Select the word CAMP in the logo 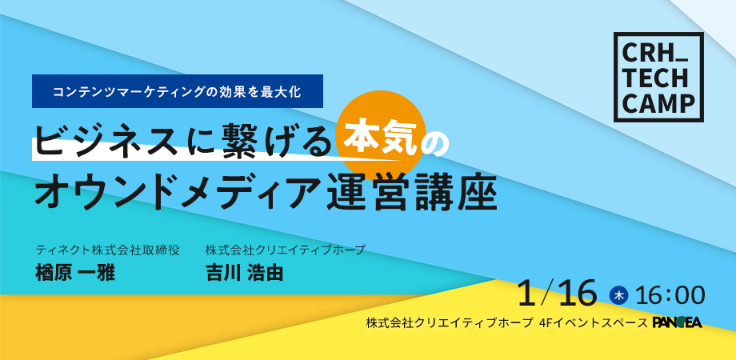pyautogui.click(x=658, y=102)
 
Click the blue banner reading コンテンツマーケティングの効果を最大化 pyautogui.click(x=178, y=91)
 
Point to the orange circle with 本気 pyautogui.click(x=383, y=136)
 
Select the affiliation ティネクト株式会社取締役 pyautogui.click(x=107, y=250)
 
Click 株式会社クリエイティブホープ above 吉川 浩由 pyautogui.click(x=285, y=250)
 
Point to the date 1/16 pyautogui.click(x=558, y=293)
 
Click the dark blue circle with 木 pyautogui.click(x=619, y=296)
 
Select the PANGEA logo pyautogui.click(x=678, y=322)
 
